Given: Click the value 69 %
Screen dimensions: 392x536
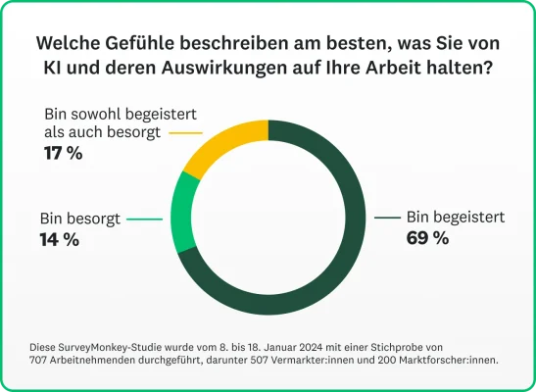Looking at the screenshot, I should click(427, 238).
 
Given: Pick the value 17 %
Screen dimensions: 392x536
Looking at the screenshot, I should click(64, 153).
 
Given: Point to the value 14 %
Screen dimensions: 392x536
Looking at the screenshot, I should click(59, 239).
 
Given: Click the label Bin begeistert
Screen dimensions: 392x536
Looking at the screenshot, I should click(455, 218).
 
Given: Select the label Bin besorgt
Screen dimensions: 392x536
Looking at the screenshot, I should click(79, 219).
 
